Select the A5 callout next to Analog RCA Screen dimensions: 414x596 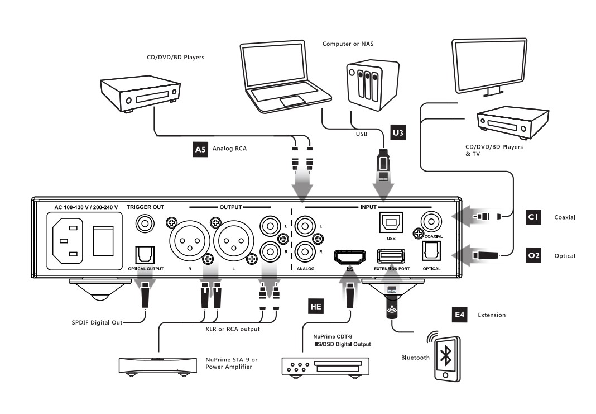(200, 149)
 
